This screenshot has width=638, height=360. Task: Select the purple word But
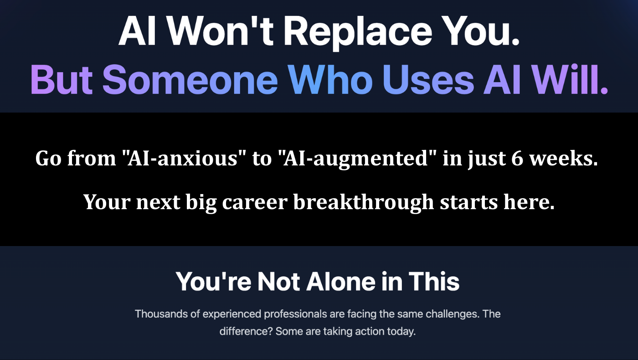62,79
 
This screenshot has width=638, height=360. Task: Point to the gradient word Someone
190,79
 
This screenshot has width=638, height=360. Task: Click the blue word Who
330,79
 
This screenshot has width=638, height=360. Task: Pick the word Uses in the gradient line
428,79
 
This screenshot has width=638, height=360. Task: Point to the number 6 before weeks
517,159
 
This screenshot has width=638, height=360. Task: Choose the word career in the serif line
255,202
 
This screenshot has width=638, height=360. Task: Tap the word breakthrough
364,202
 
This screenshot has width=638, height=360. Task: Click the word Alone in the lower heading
341,282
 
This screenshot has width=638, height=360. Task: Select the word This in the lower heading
434,282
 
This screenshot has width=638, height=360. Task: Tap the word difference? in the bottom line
246,331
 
